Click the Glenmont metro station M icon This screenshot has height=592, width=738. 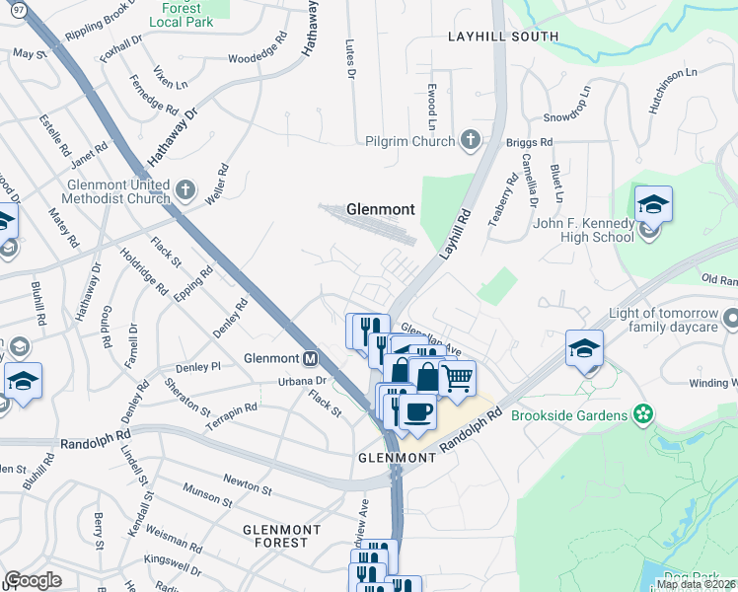pyautogui.click(x=310, y=358)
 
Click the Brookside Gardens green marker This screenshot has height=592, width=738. pyautogui.click(x=643, y=415)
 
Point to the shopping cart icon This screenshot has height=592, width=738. pyautogui.click(x=457, y=377)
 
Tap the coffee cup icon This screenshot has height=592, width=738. pyautogui.click(x=417, y=409)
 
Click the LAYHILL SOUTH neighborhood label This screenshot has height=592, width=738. pyautogui.click(x=502, y=37)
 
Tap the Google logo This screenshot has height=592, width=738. pyautogui.click(x=33, y=580)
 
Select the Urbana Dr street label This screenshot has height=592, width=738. pyautogui.click(x=301, y=381)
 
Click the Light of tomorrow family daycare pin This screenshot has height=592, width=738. pyautogui.click(x=731, y=319)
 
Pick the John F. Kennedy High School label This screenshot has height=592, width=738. pyautogui.click(x=583, y=230)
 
